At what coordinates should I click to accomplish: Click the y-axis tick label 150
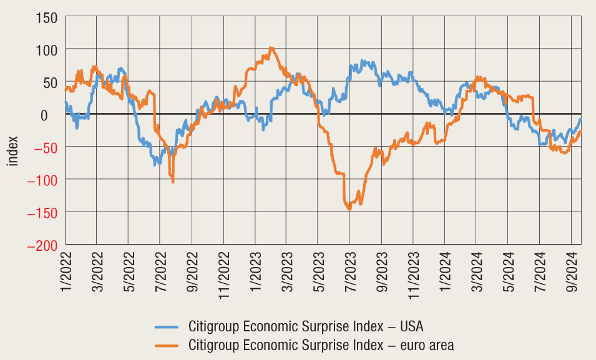(46, 17)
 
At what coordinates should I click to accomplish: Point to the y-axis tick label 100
(46, 50)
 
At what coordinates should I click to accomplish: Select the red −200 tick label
(41, 245)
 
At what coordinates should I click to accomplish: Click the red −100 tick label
(41, 180)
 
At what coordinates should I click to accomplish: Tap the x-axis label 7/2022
(161, 271)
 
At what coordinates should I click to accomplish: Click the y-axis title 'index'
(13, 152)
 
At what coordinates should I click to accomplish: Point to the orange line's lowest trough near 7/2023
(349, 208)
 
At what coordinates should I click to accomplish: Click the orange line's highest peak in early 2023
(270, 48)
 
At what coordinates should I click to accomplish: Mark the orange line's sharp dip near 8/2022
(173, 181)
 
